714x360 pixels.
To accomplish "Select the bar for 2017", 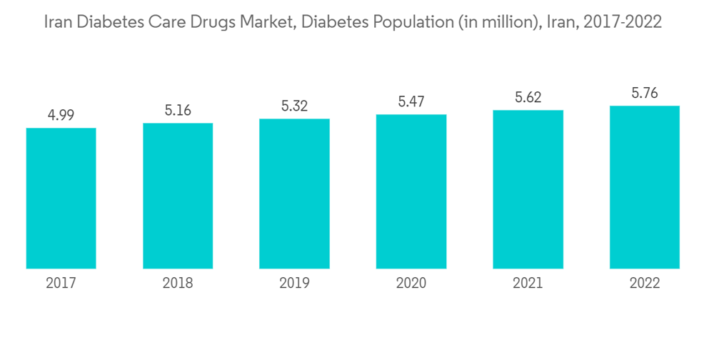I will (61, 199).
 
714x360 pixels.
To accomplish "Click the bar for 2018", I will (178, 196).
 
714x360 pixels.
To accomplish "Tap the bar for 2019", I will (294, 194).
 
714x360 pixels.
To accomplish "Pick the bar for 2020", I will (411, 191).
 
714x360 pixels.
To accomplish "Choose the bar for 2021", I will (528, 189).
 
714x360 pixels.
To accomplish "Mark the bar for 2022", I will (645, 187).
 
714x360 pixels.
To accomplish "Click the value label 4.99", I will (61, 115).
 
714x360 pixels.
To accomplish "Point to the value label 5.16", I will (178, 111).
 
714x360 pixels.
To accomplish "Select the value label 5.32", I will (294, 106).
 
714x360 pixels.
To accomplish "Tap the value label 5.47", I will (411, 102).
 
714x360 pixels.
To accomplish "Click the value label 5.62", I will (528, 98).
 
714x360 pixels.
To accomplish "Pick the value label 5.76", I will (645, 94).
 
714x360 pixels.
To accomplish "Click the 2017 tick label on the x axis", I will (61, 284).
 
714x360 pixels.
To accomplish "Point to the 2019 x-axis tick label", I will (294, 284).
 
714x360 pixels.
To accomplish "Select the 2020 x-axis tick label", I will (411, 284).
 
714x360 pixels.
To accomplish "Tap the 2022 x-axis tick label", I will (645, 284).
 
